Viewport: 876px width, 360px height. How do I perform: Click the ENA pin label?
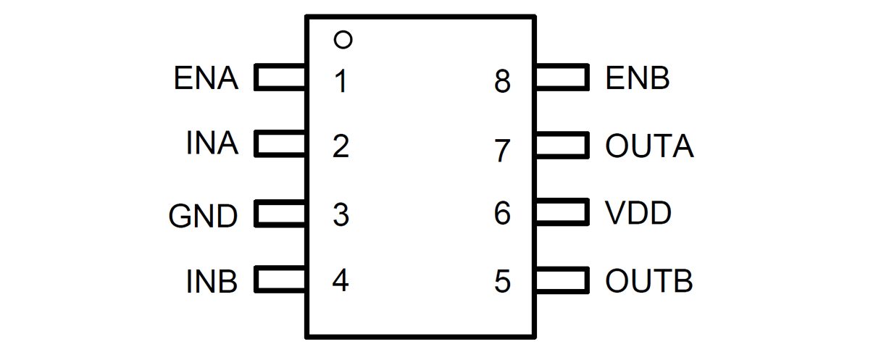coord(206,78)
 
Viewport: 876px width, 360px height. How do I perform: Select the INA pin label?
coord(212,144)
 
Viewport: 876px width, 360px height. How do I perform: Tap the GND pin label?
coord(203,216)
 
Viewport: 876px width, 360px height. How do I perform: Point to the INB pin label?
coord(212,281)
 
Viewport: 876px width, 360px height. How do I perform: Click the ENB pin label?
coord(638,78)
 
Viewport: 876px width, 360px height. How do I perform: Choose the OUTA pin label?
coord(649,147)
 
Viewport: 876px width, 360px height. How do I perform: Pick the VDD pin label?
coord(638,214)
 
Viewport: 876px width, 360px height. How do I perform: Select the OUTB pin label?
coord(649,281)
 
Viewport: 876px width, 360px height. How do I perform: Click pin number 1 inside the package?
coord(341,82)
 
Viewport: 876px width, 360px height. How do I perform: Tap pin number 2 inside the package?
coord(341,147)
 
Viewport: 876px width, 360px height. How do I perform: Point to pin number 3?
coord(341,215)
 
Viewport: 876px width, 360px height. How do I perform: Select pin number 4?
coord(341,280)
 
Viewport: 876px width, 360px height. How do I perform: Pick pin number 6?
coord(502,214)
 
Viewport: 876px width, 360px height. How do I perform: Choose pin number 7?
coord(502,151)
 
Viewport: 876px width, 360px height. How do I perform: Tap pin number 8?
coord(502,82)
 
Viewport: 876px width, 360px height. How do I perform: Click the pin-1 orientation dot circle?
coord(343,40)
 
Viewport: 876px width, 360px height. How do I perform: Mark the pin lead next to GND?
coord(280,215)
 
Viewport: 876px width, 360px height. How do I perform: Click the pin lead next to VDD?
coord(561,213)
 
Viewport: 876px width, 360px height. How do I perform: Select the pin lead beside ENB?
coord(561,78)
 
